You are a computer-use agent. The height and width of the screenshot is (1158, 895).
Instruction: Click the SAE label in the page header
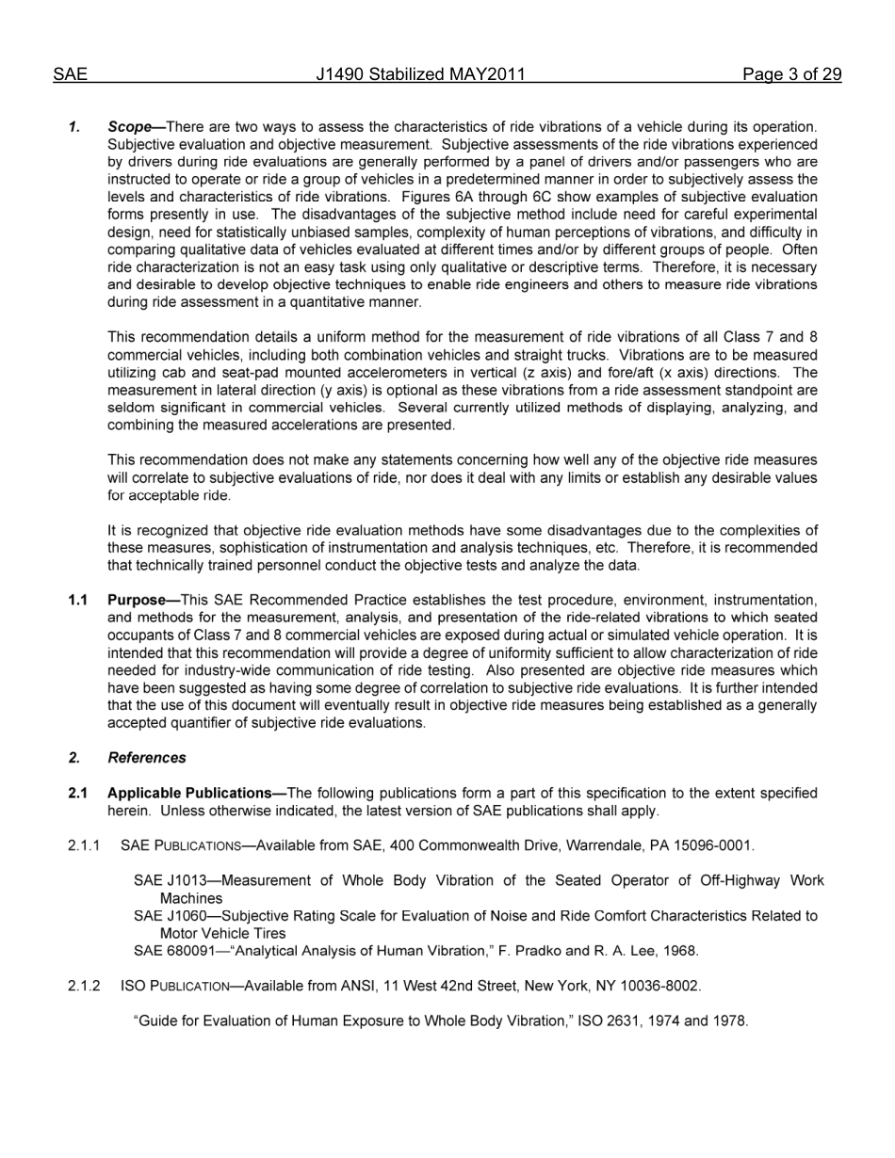70,75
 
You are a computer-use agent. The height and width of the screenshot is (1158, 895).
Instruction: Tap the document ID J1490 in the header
339,75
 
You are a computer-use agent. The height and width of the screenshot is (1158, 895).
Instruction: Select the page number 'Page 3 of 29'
791,75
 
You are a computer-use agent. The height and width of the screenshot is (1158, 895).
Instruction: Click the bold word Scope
130,127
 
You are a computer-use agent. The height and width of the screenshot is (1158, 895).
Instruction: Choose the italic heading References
147,758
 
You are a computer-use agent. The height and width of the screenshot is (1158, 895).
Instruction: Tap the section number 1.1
78,601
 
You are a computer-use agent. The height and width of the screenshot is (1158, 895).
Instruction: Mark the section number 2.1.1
85,845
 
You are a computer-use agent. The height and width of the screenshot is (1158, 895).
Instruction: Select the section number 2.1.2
85,987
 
